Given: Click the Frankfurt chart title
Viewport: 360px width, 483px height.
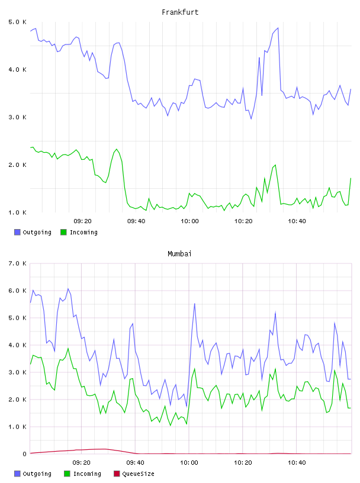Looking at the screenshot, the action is [180, 12].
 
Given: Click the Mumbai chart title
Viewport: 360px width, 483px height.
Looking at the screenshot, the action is [179, 254].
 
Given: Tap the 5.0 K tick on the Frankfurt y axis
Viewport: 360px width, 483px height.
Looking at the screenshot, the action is [18, 22].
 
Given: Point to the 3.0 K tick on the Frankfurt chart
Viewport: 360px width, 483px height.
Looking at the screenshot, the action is [18, 117].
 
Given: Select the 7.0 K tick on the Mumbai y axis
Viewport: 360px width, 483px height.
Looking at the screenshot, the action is [18, 263].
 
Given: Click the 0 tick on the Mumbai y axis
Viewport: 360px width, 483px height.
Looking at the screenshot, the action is [24, 454].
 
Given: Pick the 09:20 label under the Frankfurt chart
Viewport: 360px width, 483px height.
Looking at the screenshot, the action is [83, 221].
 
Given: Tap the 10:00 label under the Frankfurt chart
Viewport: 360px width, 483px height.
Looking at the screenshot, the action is [189, 221].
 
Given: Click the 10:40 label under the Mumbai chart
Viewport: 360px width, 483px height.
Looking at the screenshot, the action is [297, 463].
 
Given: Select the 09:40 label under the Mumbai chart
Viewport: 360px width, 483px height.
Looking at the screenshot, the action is [136, 463].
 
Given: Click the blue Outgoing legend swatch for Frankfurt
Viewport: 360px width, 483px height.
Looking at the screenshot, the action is [17, 232].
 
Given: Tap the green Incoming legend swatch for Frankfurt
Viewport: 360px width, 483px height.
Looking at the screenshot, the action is [63, 232].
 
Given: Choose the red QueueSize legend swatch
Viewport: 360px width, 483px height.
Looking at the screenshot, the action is [117, 474].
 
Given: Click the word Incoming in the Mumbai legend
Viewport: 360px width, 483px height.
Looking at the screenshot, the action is [87, 474].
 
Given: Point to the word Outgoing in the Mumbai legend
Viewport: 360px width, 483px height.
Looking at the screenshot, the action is [37, 474].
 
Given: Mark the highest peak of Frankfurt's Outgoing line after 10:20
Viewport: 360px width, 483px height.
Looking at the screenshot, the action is [278, 28].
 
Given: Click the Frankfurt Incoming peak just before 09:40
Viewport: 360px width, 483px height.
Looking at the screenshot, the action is [117, 149].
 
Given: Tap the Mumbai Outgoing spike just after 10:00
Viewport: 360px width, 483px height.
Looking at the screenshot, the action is [194, 304].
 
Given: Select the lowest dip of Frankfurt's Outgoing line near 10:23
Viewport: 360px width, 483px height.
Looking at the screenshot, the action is [251, 118].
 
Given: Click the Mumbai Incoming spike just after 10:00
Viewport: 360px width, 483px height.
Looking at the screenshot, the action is [194, 369].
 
